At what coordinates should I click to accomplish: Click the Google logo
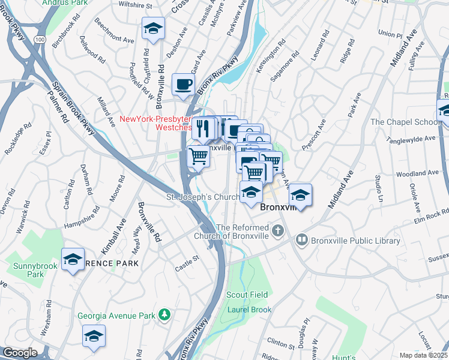(20, 353)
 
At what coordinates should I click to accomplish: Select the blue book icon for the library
(301, 241)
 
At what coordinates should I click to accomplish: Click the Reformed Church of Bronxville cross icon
(277, 230)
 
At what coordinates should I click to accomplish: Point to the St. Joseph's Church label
(203, 197)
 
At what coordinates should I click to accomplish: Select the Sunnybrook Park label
(27, 269)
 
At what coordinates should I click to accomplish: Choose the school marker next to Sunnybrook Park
(73, 259)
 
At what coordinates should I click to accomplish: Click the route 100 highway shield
(40, 39)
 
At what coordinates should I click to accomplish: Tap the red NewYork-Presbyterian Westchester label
(157, 123)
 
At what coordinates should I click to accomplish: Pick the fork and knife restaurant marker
(202, 128)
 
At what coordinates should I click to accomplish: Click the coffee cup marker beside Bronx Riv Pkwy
(183, 84)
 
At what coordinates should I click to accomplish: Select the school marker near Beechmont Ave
(153, 28)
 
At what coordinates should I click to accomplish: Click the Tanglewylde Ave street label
(409, 138)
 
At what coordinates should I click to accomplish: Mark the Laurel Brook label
(249, 310)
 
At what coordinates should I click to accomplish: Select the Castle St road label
(186, 259)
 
